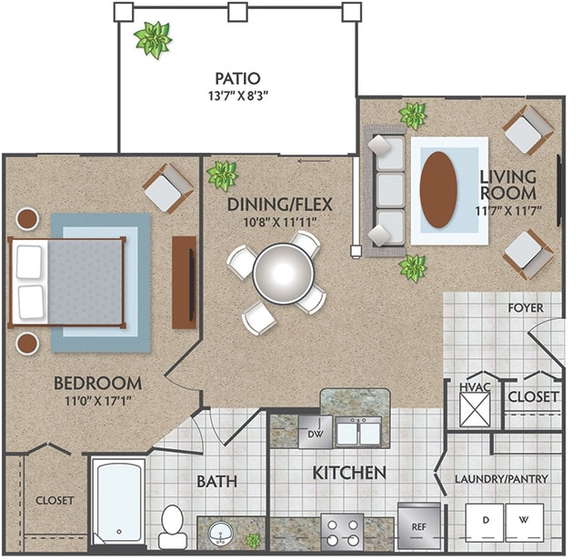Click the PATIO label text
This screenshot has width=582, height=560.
237,78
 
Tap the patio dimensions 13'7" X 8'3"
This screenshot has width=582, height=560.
237,95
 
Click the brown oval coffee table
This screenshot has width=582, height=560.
439,189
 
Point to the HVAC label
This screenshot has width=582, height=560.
473,386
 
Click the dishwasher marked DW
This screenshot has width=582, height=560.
316,434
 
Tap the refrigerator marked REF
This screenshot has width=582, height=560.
419,526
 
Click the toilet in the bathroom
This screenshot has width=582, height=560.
173,524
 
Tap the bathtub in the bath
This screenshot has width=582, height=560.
119,503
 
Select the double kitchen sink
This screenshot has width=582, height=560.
358,433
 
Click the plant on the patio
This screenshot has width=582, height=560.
151,39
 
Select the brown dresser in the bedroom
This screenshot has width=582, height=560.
184,282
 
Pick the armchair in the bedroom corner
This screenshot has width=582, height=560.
168,187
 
